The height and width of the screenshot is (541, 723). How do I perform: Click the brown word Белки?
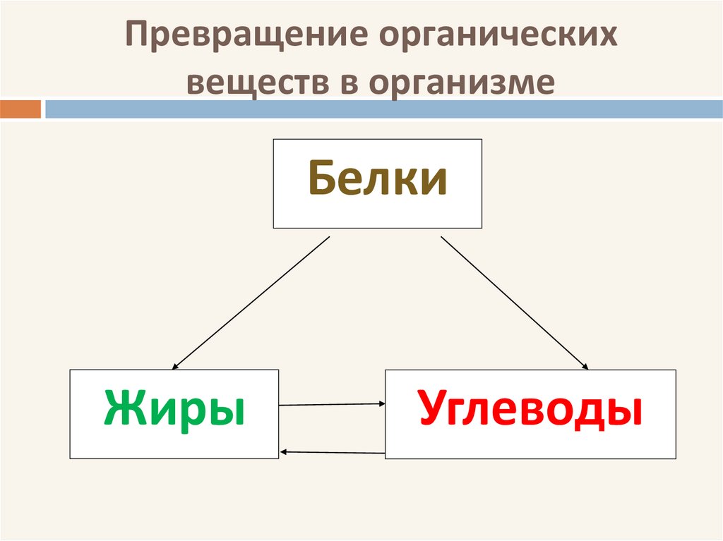(377, 180)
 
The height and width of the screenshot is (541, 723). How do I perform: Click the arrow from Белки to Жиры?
(251, 303)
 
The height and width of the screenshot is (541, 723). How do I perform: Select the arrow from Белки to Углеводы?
(514, 303)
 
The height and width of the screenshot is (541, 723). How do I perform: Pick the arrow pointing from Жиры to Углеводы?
(332, 405)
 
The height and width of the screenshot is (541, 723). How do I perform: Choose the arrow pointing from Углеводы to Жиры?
(332, 451)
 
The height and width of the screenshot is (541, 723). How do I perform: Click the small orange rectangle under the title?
(20, 109)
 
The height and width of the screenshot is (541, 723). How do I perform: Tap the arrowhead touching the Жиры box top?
(175, 366)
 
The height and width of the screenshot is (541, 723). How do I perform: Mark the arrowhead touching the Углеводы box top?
(584, 366)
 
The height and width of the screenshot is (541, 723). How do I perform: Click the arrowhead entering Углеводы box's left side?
(381, 404)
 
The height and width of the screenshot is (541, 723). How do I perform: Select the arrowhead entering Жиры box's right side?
(283, 451)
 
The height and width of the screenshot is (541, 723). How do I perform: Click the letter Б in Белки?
(321, 180)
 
